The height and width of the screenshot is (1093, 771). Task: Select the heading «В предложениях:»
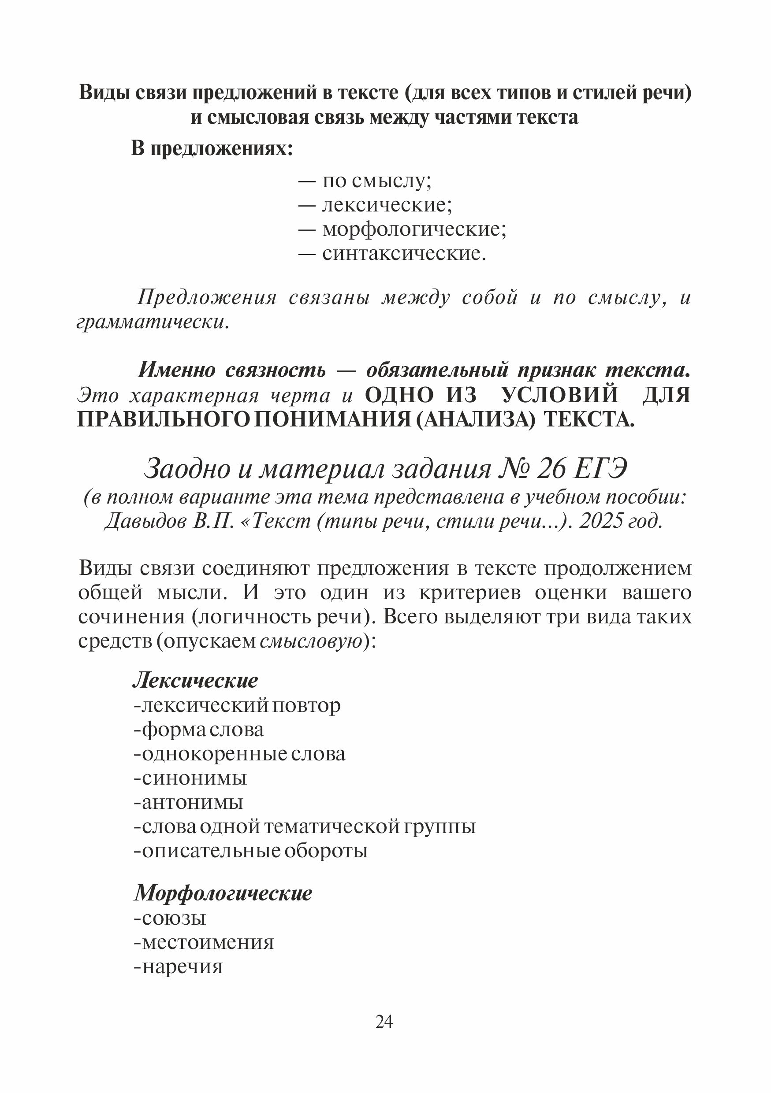212,149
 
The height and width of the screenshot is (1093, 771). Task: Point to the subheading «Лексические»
195,681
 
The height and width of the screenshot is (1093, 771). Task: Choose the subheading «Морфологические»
223,893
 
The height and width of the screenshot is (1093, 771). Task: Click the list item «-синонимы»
190,778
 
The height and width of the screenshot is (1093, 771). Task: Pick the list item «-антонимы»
189,802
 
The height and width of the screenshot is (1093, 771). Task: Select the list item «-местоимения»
204,942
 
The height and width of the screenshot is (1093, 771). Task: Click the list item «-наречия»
178,967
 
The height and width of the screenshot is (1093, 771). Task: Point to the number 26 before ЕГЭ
551,469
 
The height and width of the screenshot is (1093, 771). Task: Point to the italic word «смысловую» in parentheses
310,642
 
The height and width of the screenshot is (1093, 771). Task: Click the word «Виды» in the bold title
104,93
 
